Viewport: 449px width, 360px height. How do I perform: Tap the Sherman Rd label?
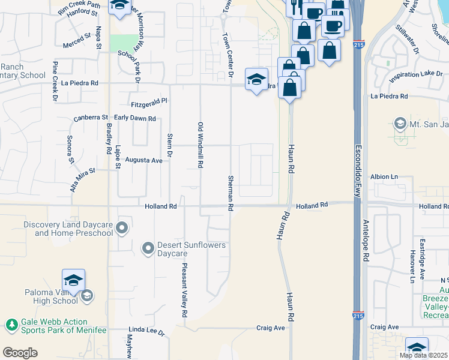(231, 192)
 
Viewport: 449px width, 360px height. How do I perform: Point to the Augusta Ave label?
(144, 161)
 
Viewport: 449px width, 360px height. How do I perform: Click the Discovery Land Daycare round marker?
(122, 227)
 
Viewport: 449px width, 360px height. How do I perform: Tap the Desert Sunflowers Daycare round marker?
(148, 248)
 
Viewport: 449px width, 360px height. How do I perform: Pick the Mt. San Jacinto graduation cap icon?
(399, 124)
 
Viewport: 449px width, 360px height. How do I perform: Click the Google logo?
(20, 353)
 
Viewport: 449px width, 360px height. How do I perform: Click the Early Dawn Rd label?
(134, 118)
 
